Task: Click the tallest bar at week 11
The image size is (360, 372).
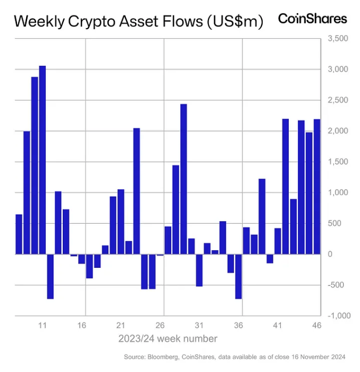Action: [x=43, y=159]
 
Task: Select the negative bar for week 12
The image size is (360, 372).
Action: [x=51, y=276]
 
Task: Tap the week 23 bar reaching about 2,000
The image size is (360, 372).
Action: [x=136, y=191]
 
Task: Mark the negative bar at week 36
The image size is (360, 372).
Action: [x=238, y=276]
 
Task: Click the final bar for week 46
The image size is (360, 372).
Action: [x=317, y=186]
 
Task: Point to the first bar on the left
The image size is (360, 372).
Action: [x=19, y=234]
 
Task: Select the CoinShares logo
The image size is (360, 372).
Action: [x=313, y=19]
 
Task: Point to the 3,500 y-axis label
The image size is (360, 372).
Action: [x=338, y=39]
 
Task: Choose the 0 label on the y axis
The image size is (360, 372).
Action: [x=330, y=254]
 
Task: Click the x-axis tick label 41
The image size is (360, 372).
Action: [x=278, y=325]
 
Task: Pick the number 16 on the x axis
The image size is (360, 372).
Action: [x=82, y=325]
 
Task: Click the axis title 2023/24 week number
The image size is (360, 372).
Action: [x=168, y=339]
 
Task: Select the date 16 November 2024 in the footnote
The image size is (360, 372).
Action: [x=319, y=357]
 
